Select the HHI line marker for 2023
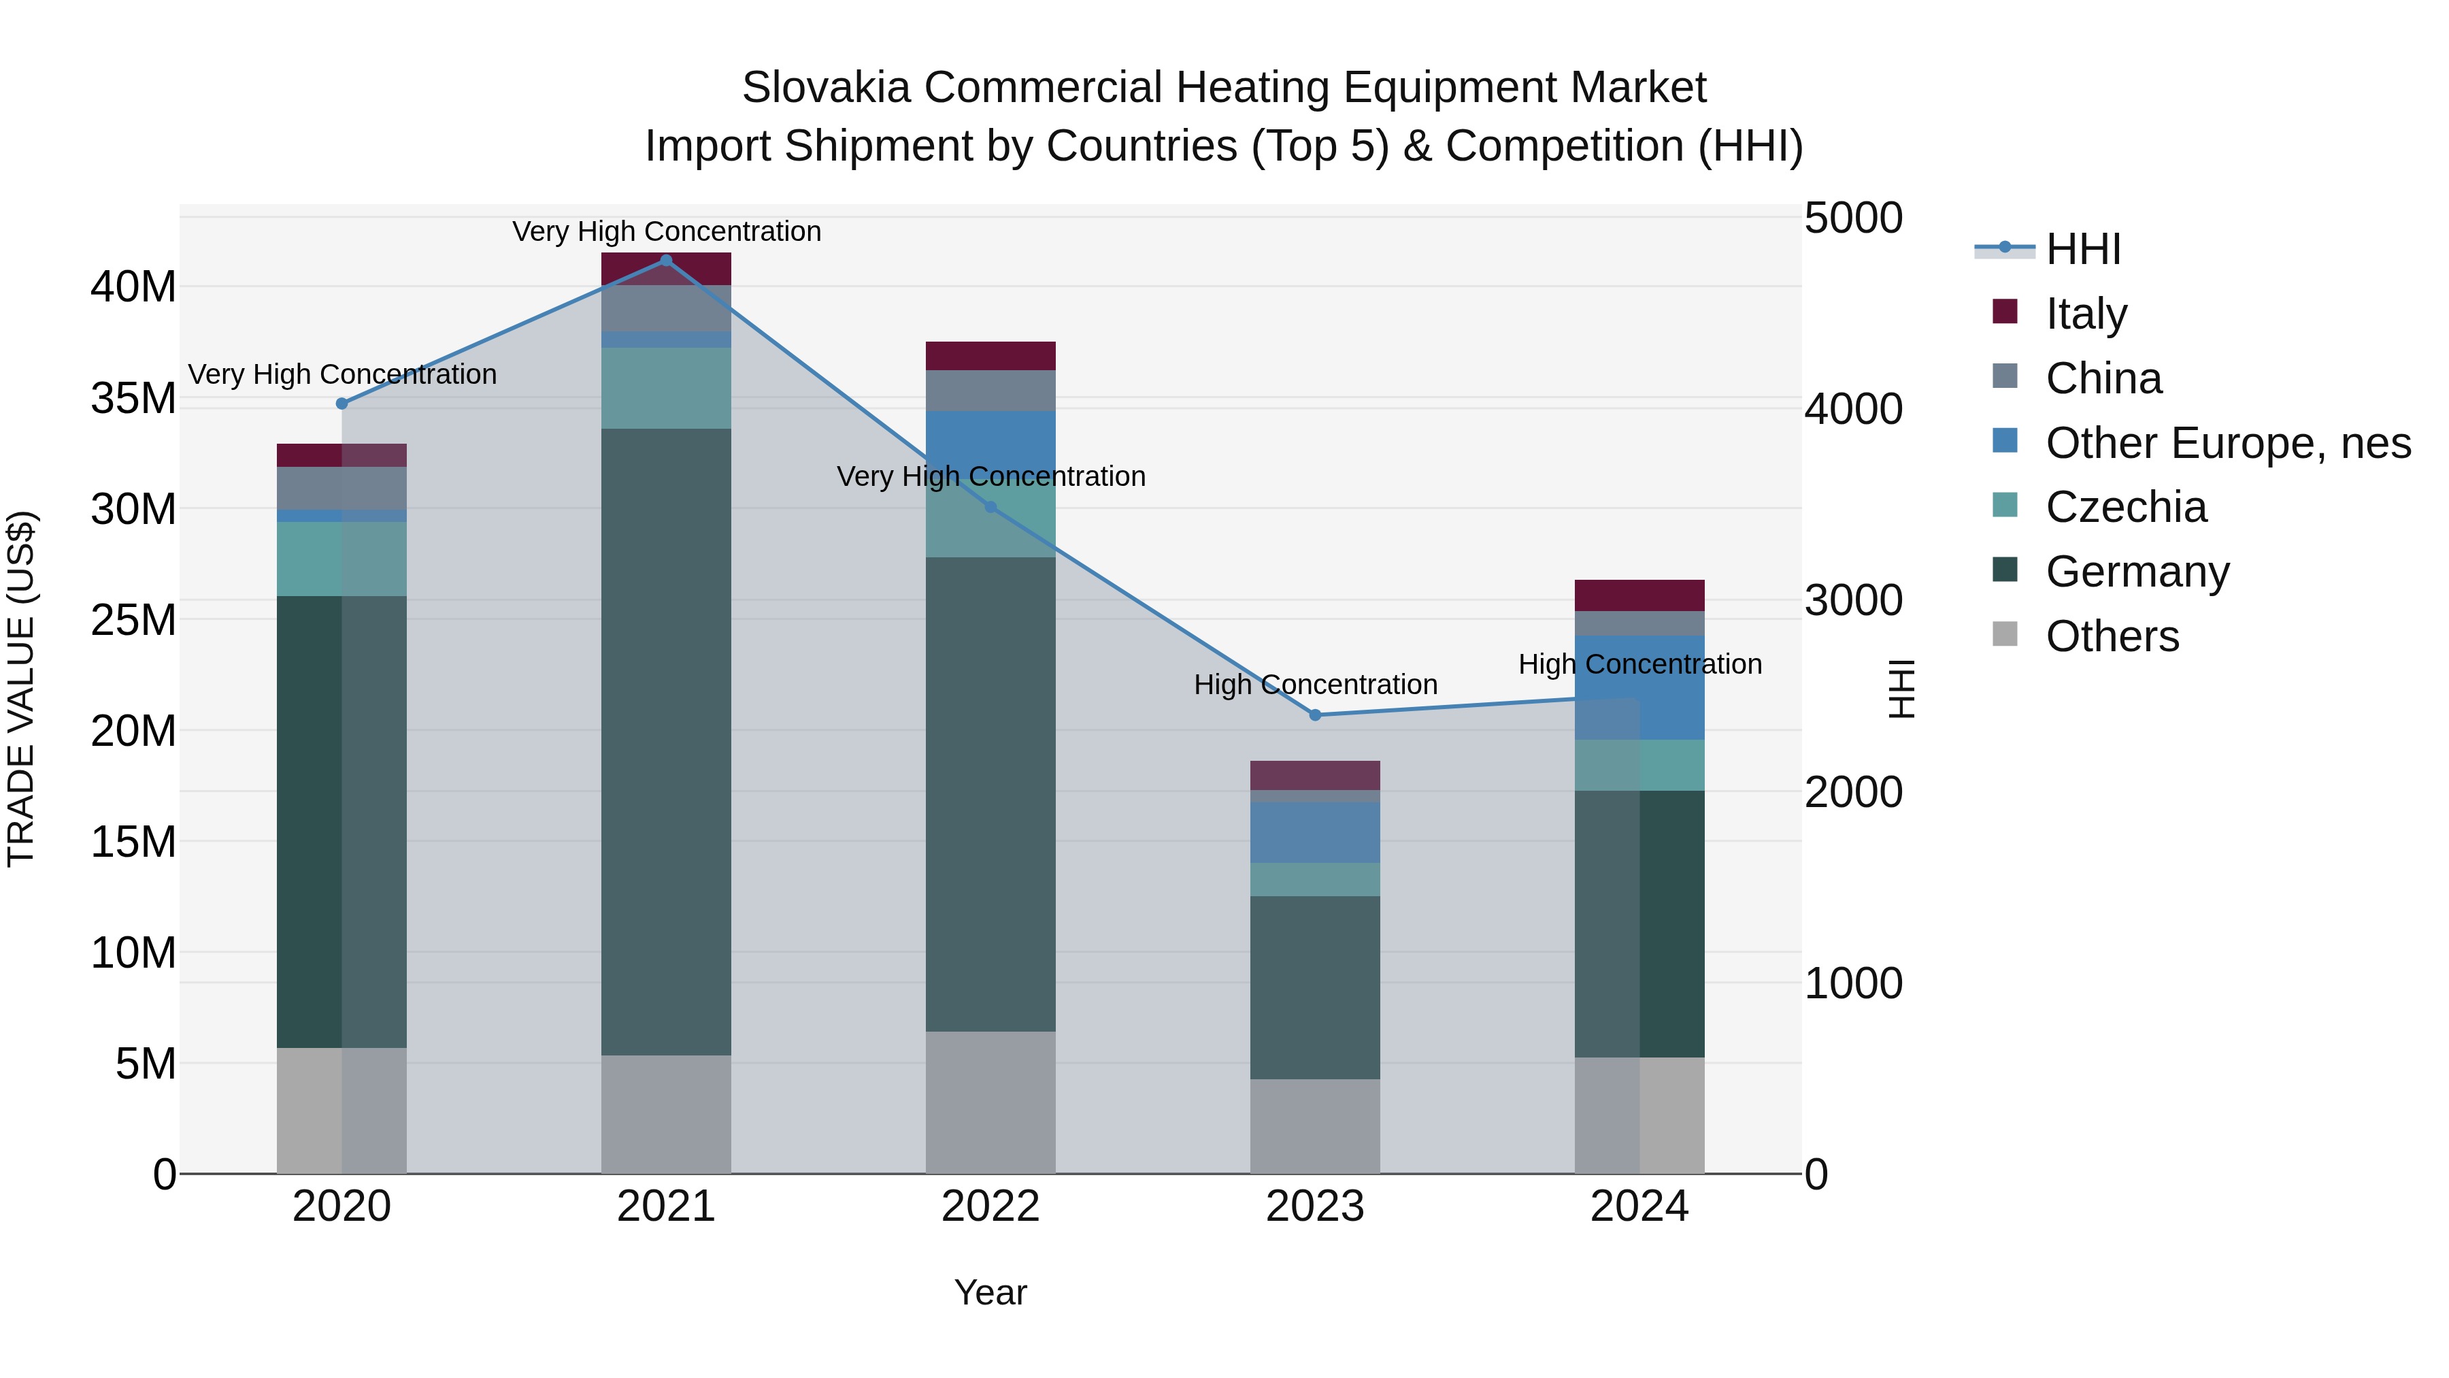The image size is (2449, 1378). point(1315,715)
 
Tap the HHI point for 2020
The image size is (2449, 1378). point(342,404)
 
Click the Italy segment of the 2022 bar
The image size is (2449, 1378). point(990,356)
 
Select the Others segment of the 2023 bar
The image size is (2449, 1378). point(1315,1126)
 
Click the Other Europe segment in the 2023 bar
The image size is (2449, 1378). point(1315,832)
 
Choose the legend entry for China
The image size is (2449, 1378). point(2103,378)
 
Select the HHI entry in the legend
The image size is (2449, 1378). point(2082,249)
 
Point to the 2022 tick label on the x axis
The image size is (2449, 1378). point(990,1207)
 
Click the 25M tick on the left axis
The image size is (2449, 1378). point(133,620)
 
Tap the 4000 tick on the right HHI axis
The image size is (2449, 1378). point(1853,409)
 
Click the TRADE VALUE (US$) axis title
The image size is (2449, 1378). point(21,689)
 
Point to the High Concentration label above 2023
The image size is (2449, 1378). point(1315,685)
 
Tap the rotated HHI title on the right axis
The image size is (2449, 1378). point(1901,689)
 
